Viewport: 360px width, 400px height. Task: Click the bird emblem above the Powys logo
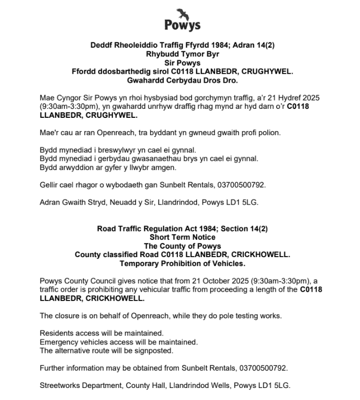click(183, 12)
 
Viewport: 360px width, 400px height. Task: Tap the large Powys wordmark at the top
click(182, 25)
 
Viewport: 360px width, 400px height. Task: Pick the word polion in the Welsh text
click(269, 132)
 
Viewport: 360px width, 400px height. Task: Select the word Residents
click(57, 333)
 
